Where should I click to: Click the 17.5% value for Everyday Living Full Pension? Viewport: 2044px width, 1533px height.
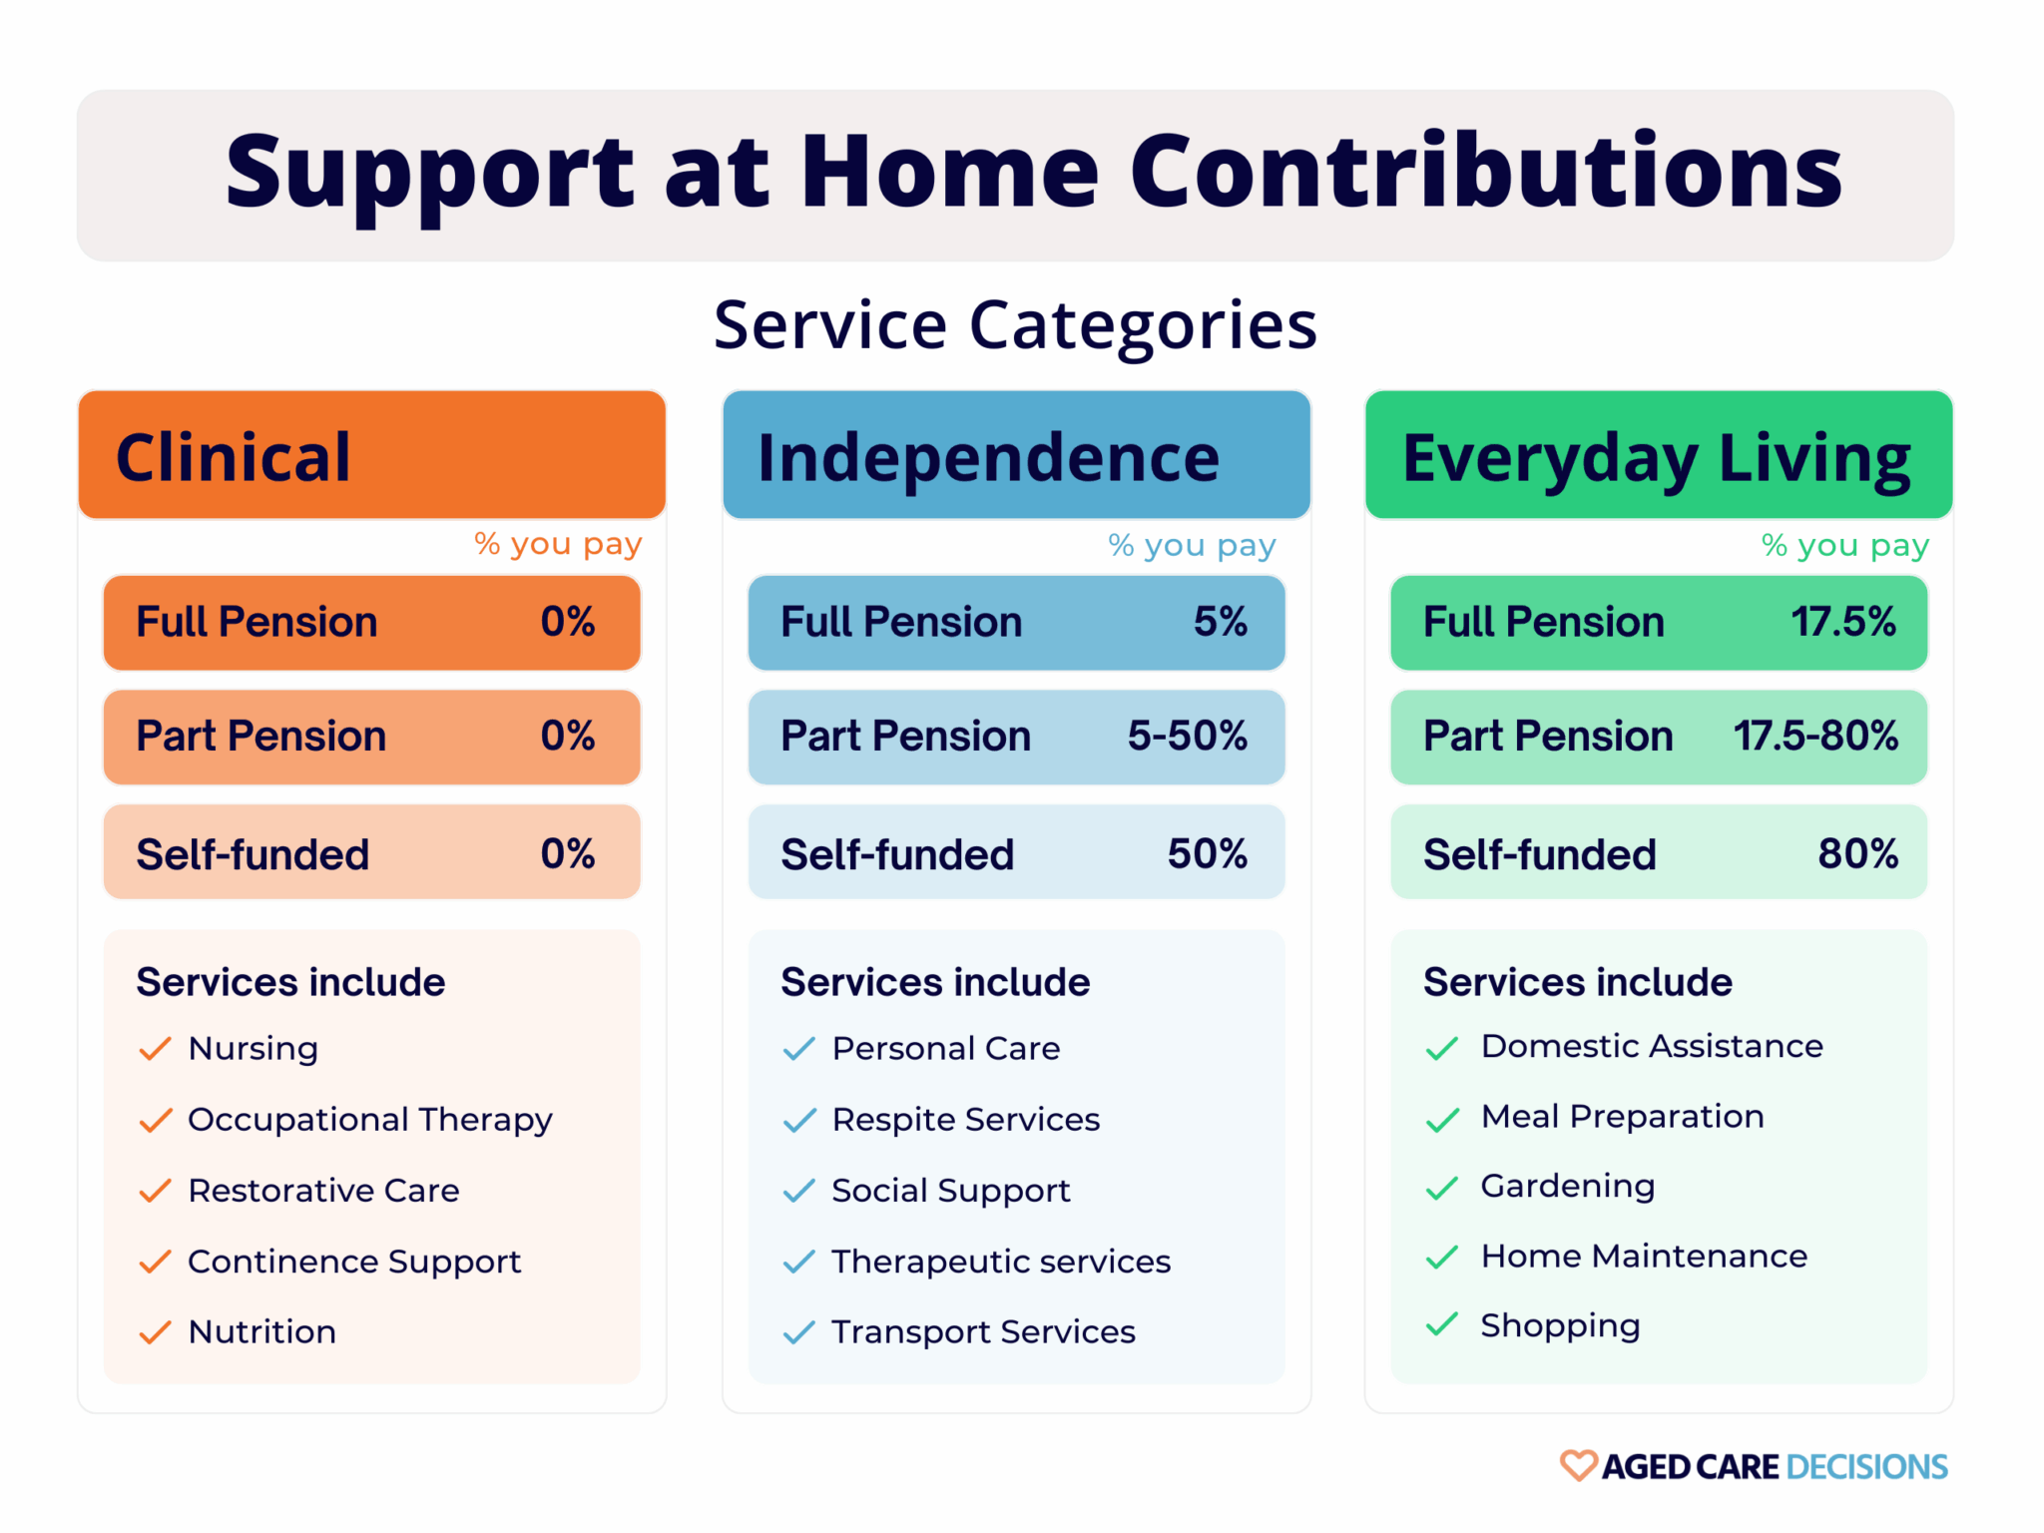tap(1842, 622)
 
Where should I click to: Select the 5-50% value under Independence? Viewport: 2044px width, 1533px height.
tap(1187, 737)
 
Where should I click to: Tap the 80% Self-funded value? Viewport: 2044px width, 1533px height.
tap(1857, 854)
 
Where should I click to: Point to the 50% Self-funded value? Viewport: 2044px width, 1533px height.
tap(1207, 854)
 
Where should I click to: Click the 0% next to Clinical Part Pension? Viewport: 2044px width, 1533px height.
tap(568, 737)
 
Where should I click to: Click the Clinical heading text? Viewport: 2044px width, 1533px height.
tap(233, 458)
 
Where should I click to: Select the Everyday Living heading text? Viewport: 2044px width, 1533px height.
tap(1656, 458)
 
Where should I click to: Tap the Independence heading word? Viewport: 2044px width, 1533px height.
tap(988, 458)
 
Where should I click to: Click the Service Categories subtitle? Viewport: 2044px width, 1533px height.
tap(1015, 325)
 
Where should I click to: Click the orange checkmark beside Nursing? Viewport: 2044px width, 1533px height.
tap(156, 1049)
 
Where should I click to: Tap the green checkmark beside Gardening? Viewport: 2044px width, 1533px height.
tap(1442, 1188)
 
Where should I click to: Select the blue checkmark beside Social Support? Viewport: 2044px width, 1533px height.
tap(799, 1191)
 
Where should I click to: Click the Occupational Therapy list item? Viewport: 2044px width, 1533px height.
tap(369, 1120)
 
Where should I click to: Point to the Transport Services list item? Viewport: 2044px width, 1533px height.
tap(983, 1332)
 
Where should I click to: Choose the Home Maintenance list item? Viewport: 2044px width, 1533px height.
tap(1644, 1257)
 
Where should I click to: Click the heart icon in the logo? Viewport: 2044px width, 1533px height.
tap(1578, 1465)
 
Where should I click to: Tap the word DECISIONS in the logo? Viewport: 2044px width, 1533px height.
tap(1866, 1467)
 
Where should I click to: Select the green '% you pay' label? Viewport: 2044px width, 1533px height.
tap(1844, 545)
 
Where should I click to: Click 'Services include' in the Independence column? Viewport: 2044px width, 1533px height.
tap(935, 982)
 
